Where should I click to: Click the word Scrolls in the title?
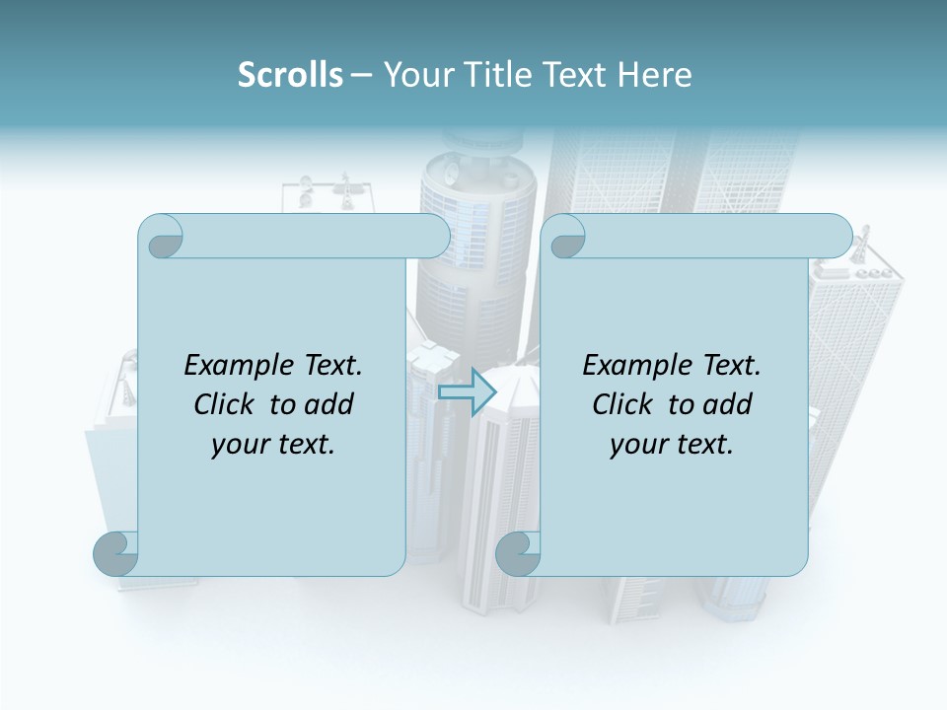pos(291,75)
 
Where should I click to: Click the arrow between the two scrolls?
pos(467,390)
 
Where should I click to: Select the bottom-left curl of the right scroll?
pos(518,553)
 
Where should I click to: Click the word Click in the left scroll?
pos(225,404)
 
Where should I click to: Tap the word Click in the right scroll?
pos(622,404)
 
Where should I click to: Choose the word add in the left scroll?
pos(329,404)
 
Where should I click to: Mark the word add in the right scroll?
pos(728,404)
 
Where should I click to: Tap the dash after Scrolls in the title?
pos(361,75)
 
